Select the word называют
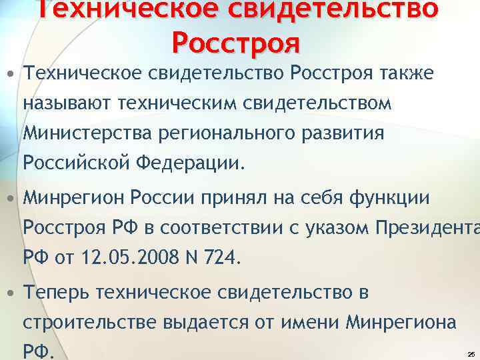[x=67, y=104]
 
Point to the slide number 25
[x=471, y=354]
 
